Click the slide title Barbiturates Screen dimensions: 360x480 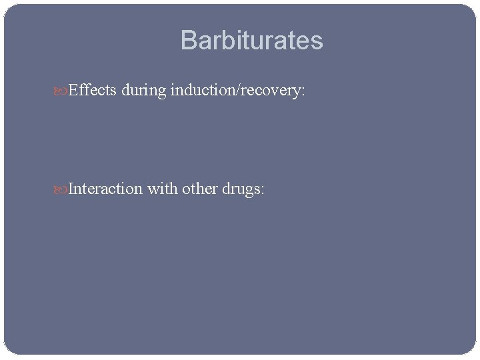[x=251, y=41]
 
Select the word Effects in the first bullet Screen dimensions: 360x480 [x=93, y=91]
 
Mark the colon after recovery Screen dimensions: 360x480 [x=303, y=92]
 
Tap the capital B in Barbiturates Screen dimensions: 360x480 [x=189, y=41]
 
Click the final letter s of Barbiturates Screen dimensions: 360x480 [x=317, y=43]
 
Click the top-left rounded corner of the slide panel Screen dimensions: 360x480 [x=8, y=8]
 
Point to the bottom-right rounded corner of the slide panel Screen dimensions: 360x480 [x=473, y=350]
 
